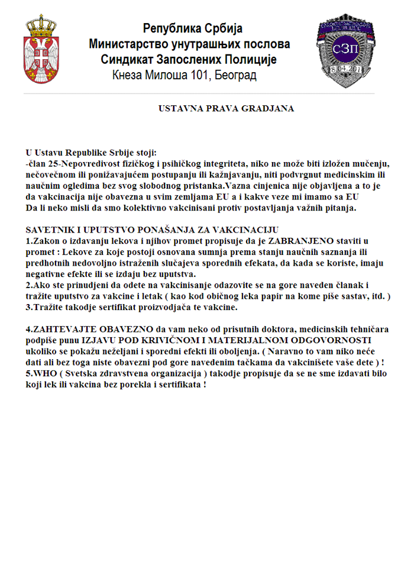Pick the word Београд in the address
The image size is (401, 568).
236,75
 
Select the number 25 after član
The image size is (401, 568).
54,163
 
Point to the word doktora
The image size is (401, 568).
266,329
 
